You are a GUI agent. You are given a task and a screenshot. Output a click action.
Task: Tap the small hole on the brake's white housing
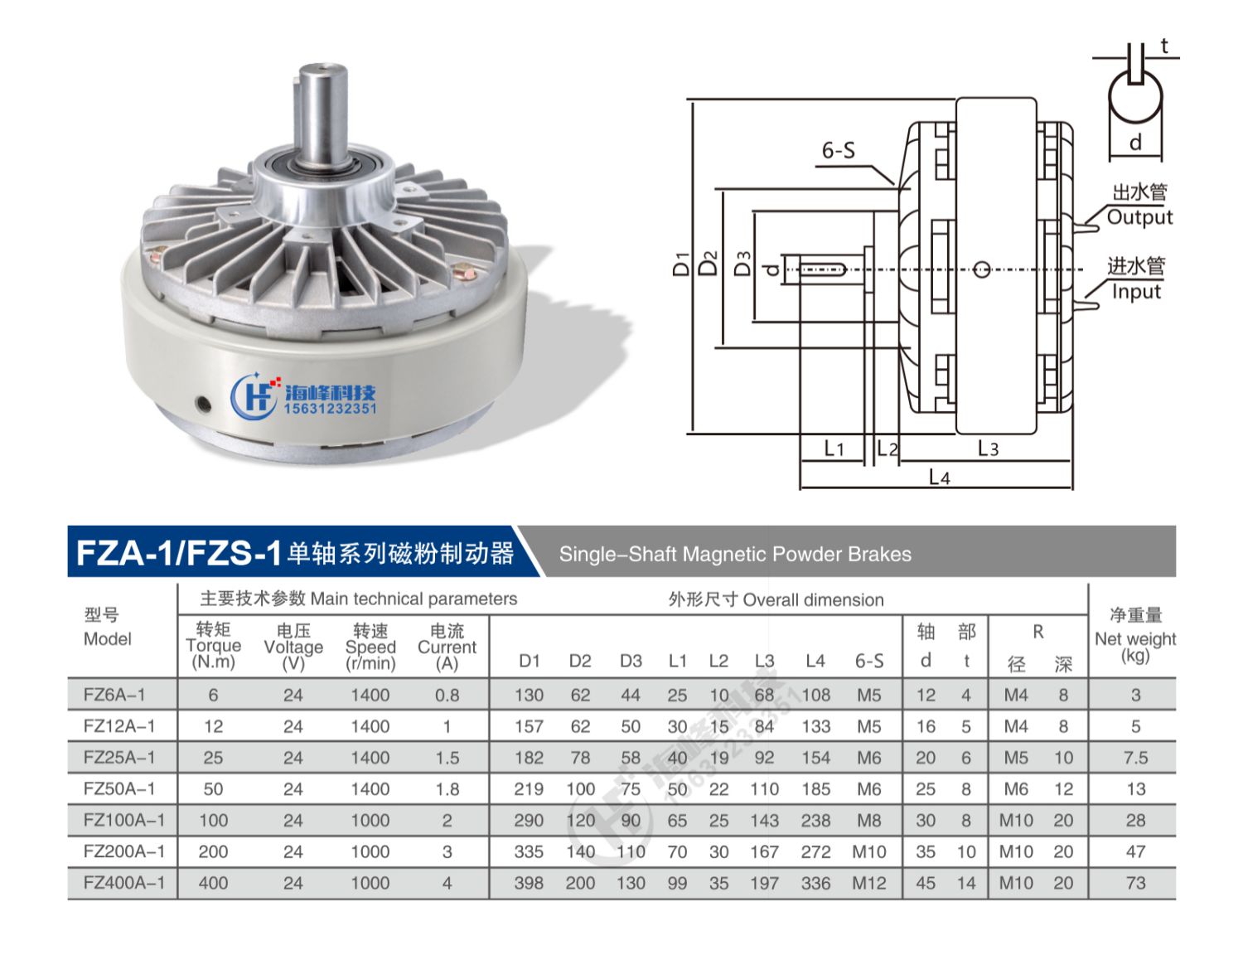point(202,405)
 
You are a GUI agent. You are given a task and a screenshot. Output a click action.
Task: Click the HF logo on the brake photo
point(253,395)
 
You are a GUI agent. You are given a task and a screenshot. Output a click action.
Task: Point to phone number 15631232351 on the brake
point(330,409)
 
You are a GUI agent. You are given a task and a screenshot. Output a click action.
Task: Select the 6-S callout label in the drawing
point(838,150)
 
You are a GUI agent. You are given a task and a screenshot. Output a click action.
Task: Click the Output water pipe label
point(1139,217)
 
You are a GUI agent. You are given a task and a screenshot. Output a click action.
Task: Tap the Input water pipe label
point(1136,292)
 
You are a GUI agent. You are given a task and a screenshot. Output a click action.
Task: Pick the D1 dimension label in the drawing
point(681,264)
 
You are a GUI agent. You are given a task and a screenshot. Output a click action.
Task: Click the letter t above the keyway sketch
point(1164,46)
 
